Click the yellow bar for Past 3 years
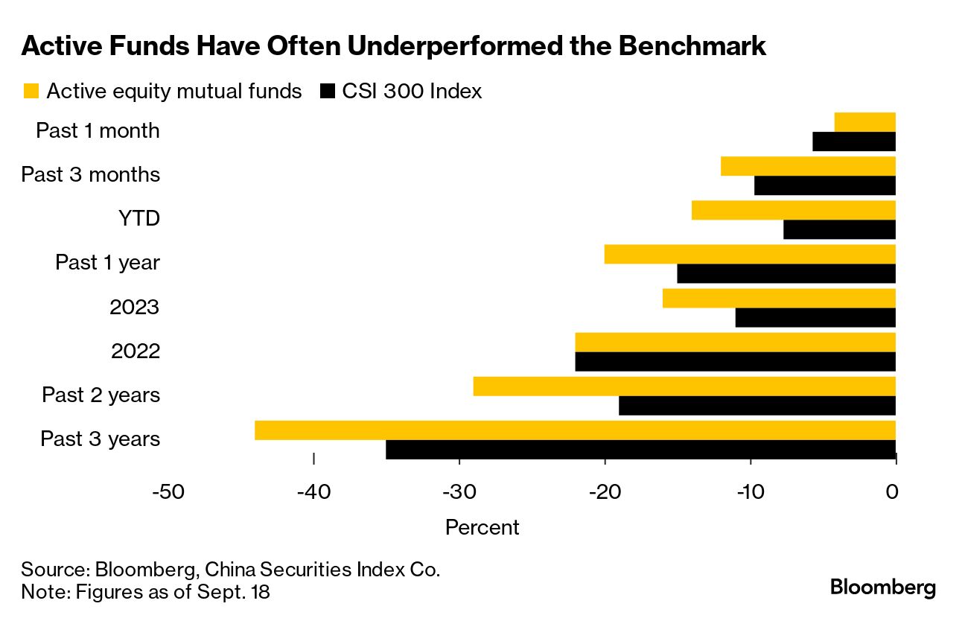[575, 430]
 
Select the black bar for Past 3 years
[640, 450]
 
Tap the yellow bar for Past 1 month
[864, 122]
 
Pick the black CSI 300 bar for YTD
[839, 230]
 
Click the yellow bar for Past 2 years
[684, 386]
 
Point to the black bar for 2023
[815, 318]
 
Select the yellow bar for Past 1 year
[749, 254]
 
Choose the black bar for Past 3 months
[824, 186]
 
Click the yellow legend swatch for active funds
[31, 92]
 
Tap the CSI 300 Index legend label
[412, 92]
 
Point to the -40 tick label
[313, 491]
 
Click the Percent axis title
[482, 527]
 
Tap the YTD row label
[138, 219]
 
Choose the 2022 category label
[135, 351]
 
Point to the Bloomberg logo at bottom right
[883, 587]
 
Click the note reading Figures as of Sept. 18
[145, 593]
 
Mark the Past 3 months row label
[90, 175]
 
